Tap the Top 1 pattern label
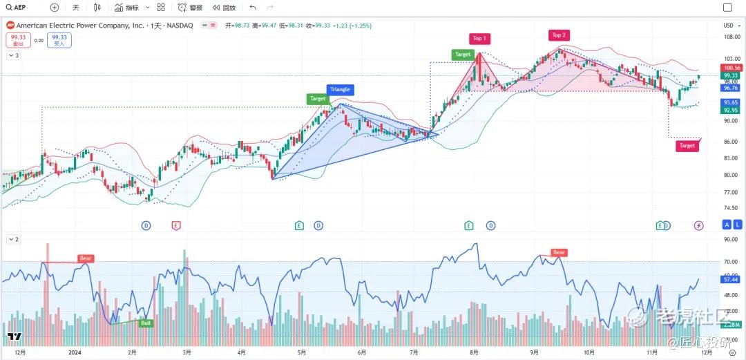[479, 39]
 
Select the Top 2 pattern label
[558, 35]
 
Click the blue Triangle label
[340, 90]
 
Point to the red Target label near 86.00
[687, 146]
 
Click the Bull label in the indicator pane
[146, 323]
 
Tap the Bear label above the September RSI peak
[558, 252]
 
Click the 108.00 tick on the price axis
[731, 37]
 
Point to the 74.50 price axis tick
[731, 208]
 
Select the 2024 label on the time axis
[75, 352]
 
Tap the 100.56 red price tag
[731, 68]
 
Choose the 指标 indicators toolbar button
[127, 8]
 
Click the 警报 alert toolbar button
[191, 8]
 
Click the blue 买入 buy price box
[59, 40]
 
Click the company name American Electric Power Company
[80, 25]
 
